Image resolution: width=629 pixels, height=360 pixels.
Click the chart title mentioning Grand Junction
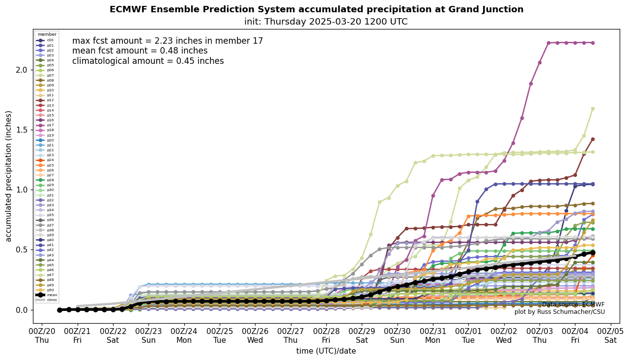coord(316,10)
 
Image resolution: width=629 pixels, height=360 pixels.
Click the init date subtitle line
coord(326,22)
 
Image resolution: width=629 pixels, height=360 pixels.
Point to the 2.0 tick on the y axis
coord(21,70)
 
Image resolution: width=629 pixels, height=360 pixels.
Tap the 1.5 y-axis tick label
coord(21,130)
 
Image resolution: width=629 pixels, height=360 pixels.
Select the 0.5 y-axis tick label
coord(21,249)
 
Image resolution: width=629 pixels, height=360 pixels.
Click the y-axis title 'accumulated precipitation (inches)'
coord(9,176)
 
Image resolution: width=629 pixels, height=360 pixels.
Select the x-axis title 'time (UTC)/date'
coord(326,351)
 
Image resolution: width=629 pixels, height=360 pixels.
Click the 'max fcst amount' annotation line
coord(168,41)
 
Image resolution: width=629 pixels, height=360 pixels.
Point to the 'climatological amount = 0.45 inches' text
coord(148,61)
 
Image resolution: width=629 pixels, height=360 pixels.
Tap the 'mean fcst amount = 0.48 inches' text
coord(140,51)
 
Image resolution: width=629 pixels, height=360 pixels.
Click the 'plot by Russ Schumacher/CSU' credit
coord(559,312)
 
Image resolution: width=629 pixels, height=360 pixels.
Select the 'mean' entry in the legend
coord(50,295)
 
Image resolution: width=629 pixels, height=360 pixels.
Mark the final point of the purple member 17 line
coord(593,43)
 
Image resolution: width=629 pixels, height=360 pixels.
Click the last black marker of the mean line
coord(593,252)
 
